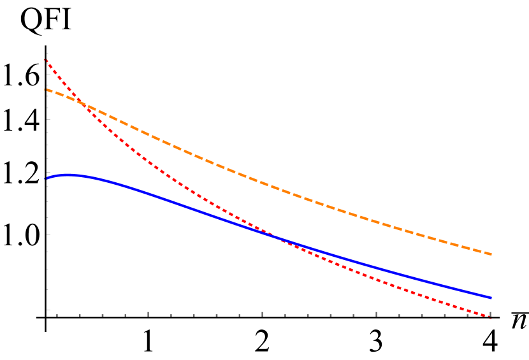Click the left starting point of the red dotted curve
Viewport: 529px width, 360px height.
(46, 60)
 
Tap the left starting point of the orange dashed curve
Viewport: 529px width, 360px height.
(46, 90)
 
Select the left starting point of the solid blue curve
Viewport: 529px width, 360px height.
(46, 178)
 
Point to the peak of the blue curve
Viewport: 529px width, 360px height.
(69, 175)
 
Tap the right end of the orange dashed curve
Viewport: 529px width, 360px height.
(491, 254)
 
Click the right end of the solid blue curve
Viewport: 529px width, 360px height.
(491, 298)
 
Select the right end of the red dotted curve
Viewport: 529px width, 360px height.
(491, 317)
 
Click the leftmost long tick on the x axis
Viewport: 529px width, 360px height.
(149, 313)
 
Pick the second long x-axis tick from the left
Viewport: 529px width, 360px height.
(262, 313)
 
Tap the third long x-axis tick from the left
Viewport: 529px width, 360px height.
(376, 313)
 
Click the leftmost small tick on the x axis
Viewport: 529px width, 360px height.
(57, 315)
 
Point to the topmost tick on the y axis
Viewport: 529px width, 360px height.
(47, 54)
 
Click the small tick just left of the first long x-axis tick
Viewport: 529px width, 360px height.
(125, 315)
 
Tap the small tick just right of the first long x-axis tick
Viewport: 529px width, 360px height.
(171, 315)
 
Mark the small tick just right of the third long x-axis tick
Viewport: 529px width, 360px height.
(399, 315)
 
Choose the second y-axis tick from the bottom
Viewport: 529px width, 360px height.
(48, 289)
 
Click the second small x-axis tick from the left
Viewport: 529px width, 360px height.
(80, 315)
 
